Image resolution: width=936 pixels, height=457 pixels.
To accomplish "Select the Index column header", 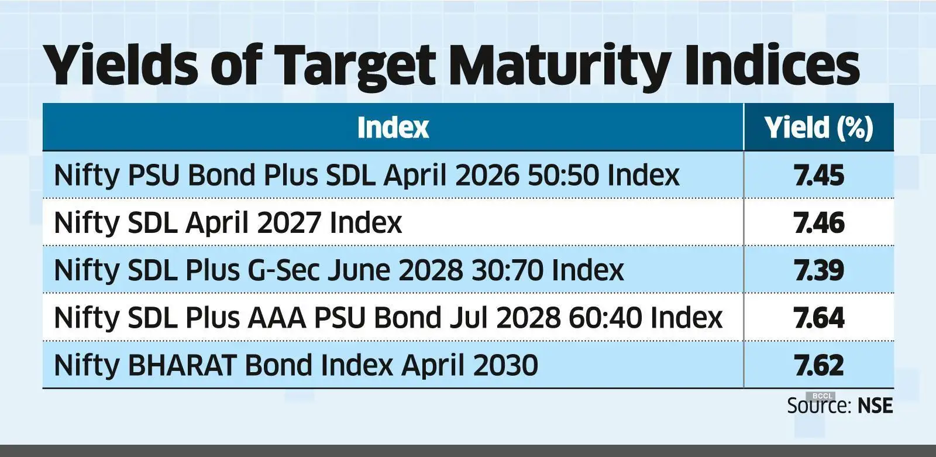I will (393, 128).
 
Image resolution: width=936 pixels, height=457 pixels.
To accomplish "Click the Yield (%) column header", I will (818, 128).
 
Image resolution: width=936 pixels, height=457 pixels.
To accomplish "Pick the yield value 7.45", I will (819, 175).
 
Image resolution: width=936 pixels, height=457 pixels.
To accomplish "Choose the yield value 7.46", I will (819, 223).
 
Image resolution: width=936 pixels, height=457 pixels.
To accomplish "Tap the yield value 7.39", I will (819, 270).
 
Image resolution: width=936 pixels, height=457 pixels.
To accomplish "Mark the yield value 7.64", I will (819, 318).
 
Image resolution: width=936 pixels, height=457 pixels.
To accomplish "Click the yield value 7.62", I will (819, 365).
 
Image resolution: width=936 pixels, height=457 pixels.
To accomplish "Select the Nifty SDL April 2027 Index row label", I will (228, 223).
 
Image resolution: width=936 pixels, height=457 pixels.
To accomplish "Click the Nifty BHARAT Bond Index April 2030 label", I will (295, 365).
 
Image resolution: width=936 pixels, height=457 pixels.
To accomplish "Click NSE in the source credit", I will (875, 406).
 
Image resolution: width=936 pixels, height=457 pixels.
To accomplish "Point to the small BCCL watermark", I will (823, 396).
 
